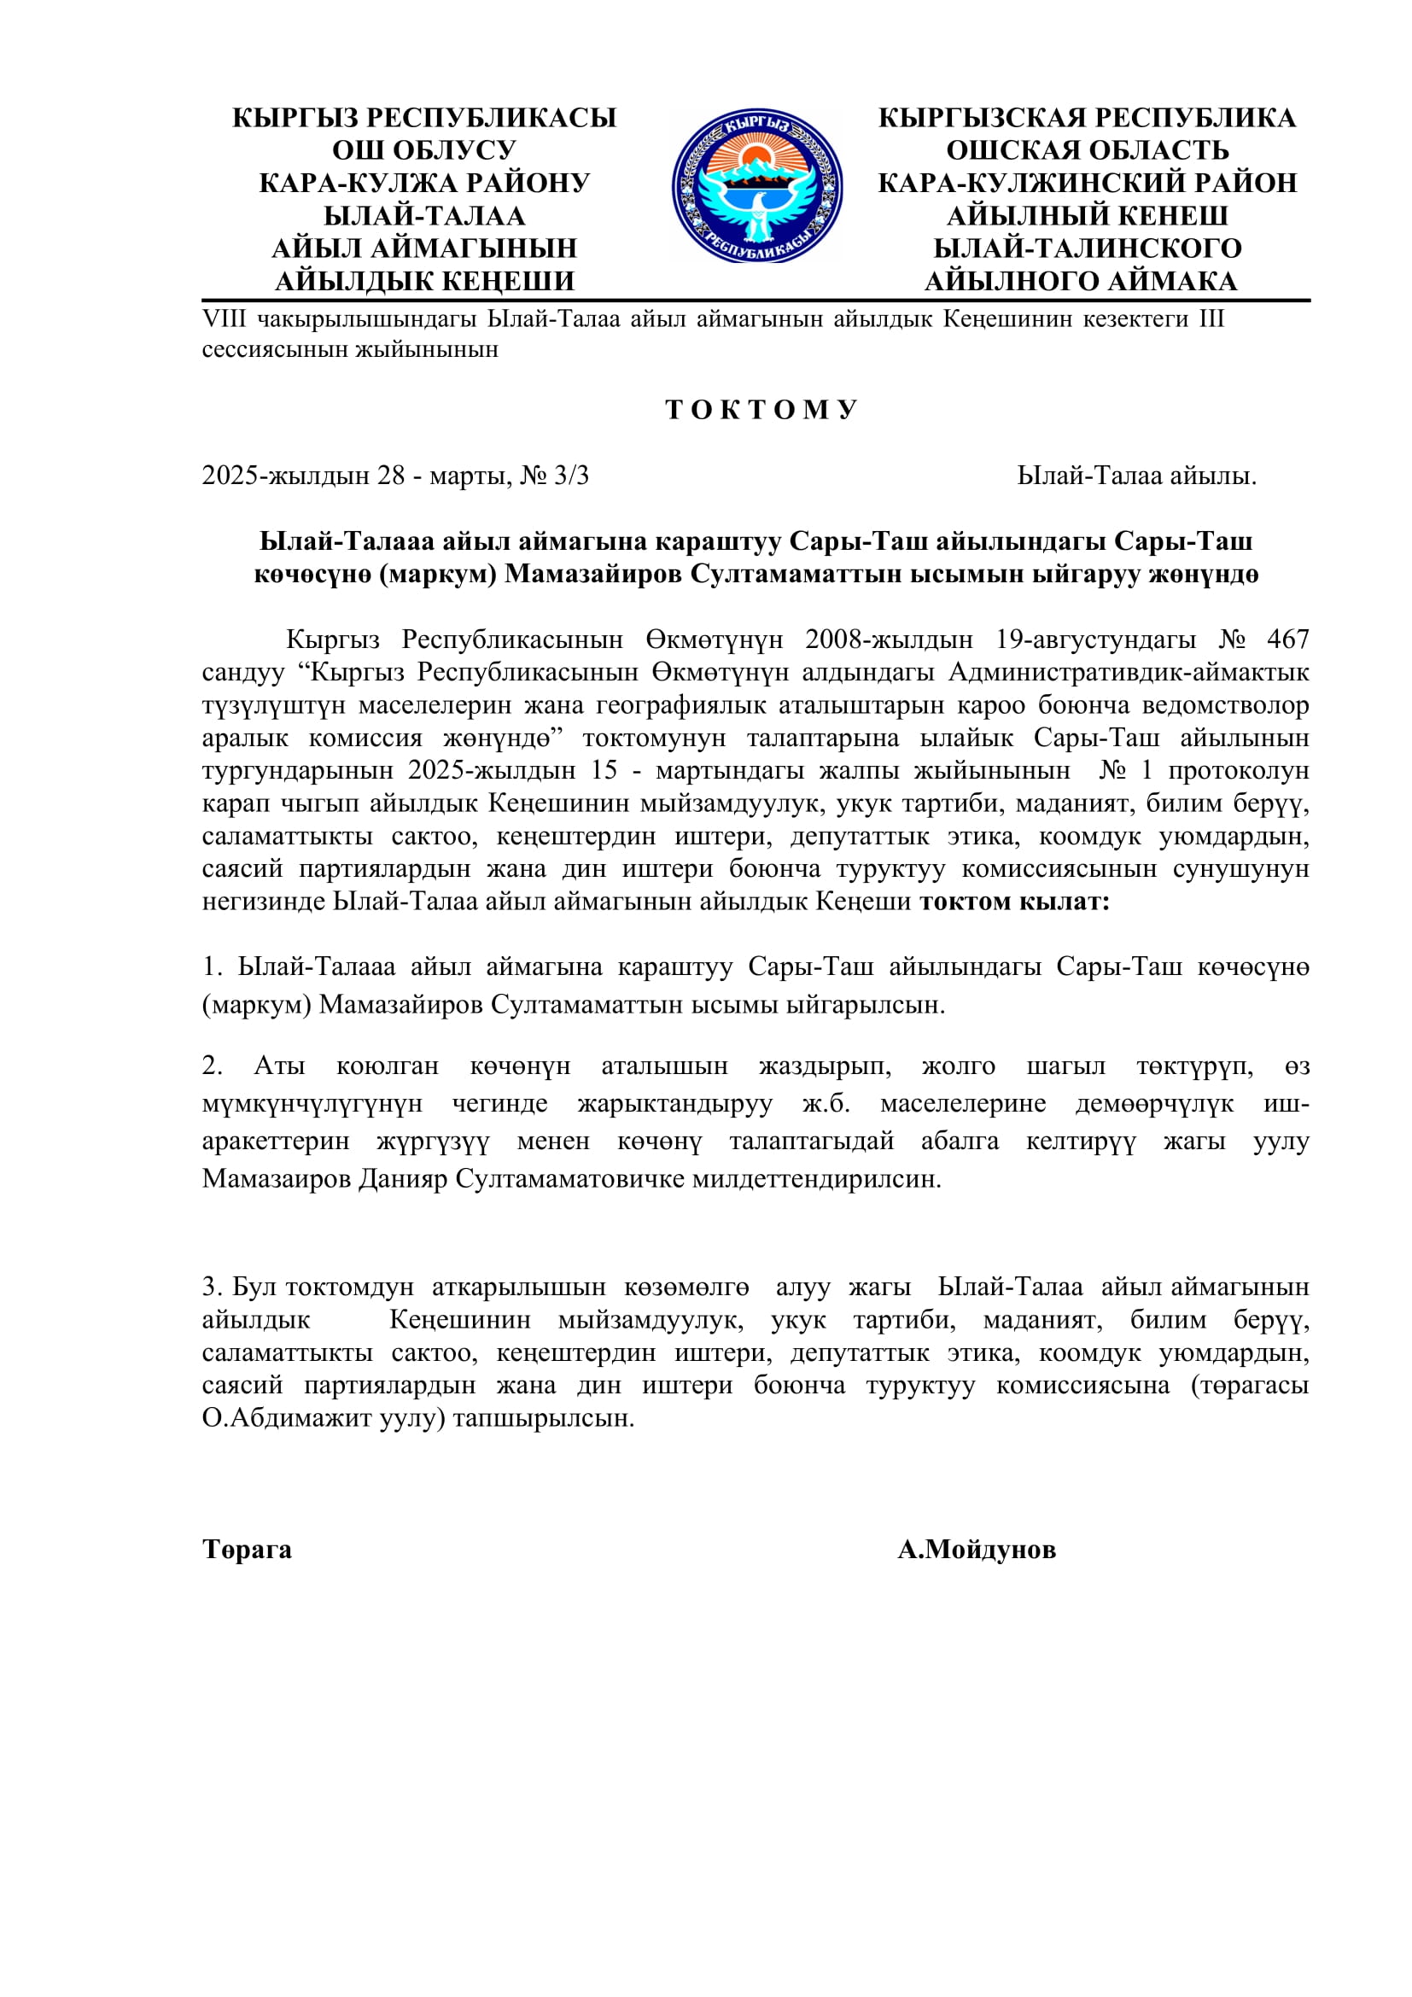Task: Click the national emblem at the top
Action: pos(756,186)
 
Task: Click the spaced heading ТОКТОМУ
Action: pos(761,410)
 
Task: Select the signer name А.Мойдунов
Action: pos(977,1549)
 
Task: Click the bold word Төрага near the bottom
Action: pos(247,1549)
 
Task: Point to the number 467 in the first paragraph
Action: pos(1287,639)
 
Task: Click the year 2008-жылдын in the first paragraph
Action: pos(888,639)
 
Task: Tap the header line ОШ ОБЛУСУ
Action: pos(424,150)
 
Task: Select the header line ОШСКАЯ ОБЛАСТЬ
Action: pos(1087,150)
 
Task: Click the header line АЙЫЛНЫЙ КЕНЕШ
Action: pos(1087,216)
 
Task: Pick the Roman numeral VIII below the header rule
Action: pos(224,319)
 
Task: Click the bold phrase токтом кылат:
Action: pos(1015,901)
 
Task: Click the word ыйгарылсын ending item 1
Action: pos(865,1005)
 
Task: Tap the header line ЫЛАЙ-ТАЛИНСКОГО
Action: pos(1087,248)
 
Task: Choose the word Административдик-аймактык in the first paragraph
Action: pos(1129,672)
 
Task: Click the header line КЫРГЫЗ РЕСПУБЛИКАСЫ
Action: pos(424,118)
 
